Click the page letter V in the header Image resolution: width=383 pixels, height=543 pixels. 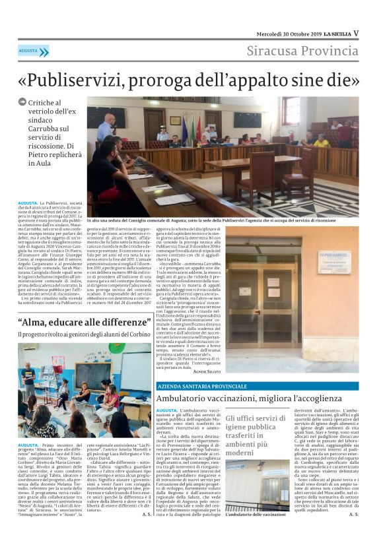coord(356,33)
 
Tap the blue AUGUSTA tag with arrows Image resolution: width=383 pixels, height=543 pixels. coord(33,51)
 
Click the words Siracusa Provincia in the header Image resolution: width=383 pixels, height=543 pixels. coord(302,51)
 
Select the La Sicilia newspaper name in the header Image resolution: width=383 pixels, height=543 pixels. coord(333,33)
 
